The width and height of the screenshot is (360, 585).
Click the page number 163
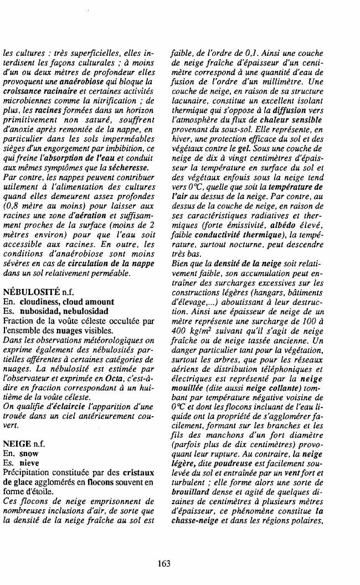pyautogui.click(x=164, y=563)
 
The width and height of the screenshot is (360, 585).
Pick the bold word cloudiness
pyautogui.click(x=39, y=302)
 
